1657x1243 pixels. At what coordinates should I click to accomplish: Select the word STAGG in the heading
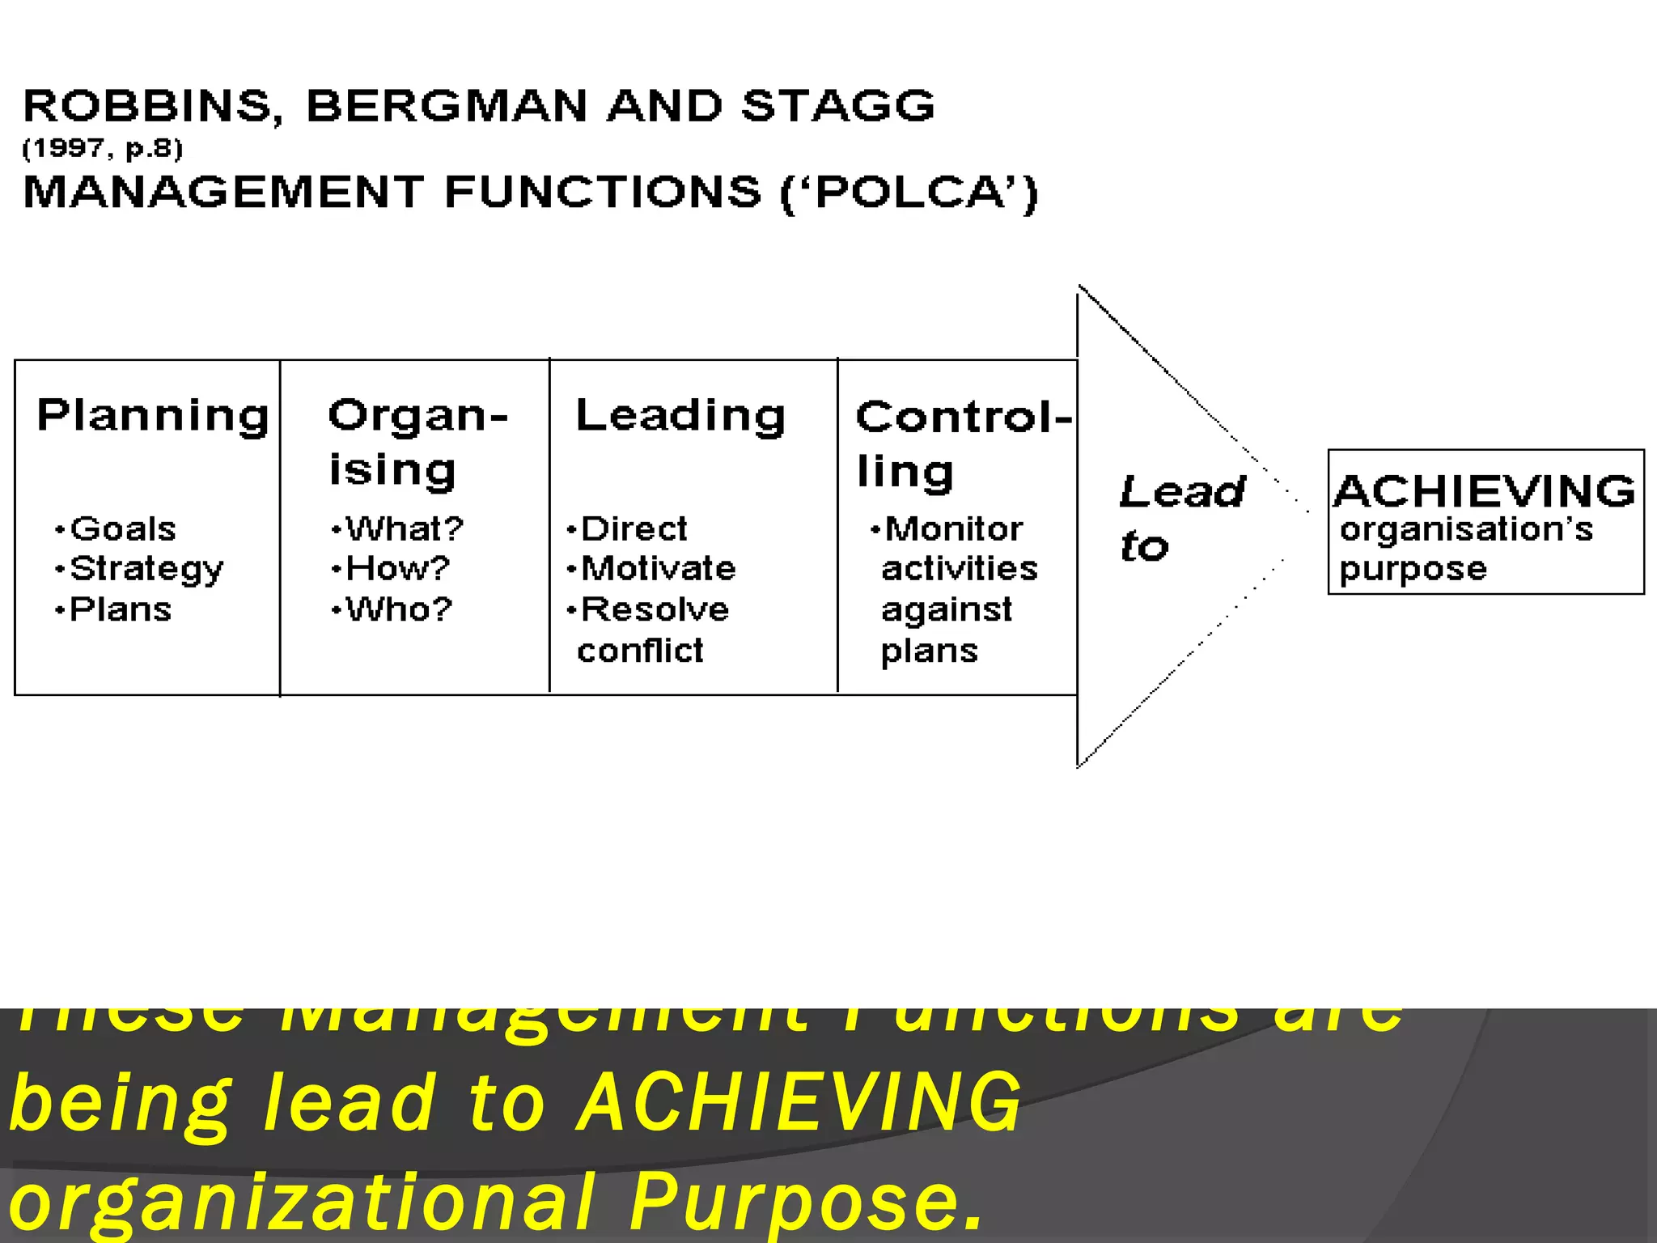tap(838, 107)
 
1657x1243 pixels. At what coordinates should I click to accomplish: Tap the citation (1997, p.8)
tap(103, 149)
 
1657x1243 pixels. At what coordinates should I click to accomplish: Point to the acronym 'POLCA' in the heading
tap(909, 193)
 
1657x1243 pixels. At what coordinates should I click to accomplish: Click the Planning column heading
tap(153, 416)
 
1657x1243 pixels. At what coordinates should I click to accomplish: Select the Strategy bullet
tap(146, 570)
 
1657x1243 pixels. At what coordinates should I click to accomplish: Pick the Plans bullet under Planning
tap(121, 609)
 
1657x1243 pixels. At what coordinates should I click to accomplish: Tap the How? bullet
tap(397, 569)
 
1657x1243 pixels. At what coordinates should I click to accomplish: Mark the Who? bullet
tap(399, 609)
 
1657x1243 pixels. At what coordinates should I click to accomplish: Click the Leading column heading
tap(680, 416)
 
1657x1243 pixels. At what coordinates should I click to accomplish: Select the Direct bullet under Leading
tap(634, 529)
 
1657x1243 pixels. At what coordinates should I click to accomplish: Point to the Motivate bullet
tap(659, 569)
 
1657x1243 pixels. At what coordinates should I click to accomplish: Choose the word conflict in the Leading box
tap(640, 651)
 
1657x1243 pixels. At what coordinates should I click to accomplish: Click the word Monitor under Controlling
tap(954, 529)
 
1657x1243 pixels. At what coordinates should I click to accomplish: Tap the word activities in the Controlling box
tap(960, 569)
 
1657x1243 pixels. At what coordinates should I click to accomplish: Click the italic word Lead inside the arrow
tap(1182, 492)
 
